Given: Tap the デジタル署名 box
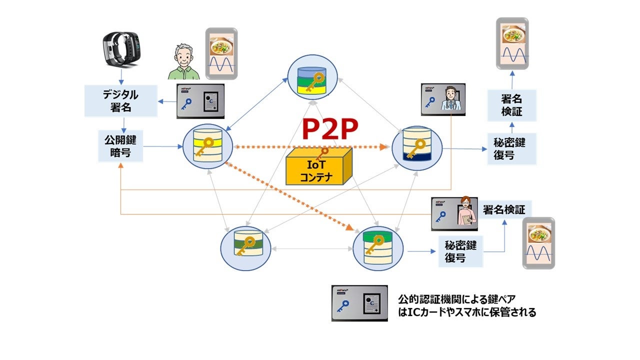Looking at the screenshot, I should click(120, 101).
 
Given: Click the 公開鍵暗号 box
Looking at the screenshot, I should click(120, 146).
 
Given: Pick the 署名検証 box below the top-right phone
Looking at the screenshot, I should click(511, 105).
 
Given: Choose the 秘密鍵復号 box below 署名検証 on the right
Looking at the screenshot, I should click(511, 148).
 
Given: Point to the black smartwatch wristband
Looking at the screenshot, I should click(121, 49).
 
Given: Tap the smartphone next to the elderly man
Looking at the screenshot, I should click(221, 53).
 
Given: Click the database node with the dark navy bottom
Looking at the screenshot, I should click(416, 146).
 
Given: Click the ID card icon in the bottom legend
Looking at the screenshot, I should click(359, 303).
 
